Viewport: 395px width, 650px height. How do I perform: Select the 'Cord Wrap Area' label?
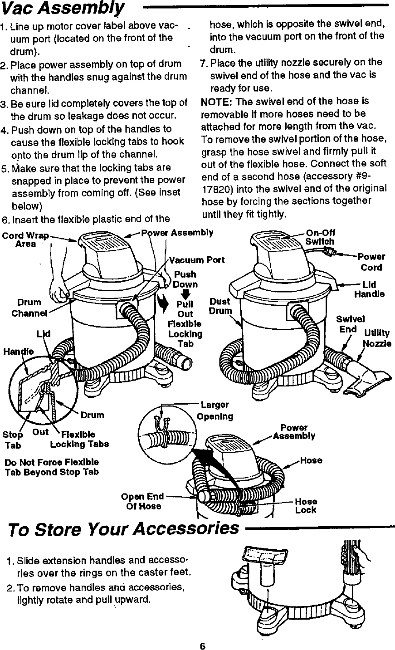tap(25, 239)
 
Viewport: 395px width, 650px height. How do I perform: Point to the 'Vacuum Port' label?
tap(197, 260)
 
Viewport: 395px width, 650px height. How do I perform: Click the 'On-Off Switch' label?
tap(321, 238)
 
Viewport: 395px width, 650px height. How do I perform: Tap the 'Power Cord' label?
tap(371, 262)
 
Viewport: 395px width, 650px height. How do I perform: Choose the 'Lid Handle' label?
tap(369, 289)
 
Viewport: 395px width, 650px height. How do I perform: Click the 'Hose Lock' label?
tap(306, 506)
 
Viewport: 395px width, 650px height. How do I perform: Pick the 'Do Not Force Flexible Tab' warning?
tap(52, 467)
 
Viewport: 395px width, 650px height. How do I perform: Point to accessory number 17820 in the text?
tap(215, 188)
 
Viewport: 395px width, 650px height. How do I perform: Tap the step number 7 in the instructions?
tap(204, 62)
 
